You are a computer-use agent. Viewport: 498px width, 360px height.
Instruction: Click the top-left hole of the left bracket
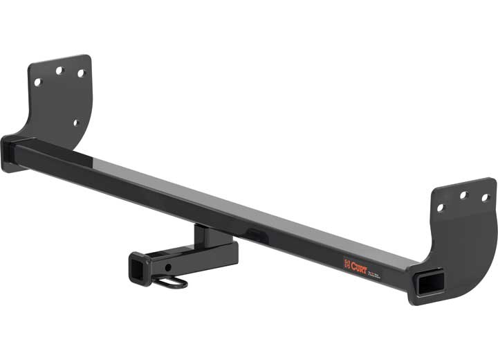pyautogui.click(x=37, y=82)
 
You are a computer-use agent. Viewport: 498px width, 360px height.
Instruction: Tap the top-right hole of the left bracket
pyautogui.click(x=80, y=73)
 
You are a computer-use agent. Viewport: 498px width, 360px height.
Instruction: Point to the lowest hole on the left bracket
pyautogui.click(x=76, y=123)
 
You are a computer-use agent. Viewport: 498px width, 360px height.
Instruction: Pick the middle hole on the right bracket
pyautogui.click(x=464, y=196)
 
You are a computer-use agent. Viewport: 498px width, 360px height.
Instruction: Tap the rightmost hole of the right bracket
pyautogui.click(x=485, y=197)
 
